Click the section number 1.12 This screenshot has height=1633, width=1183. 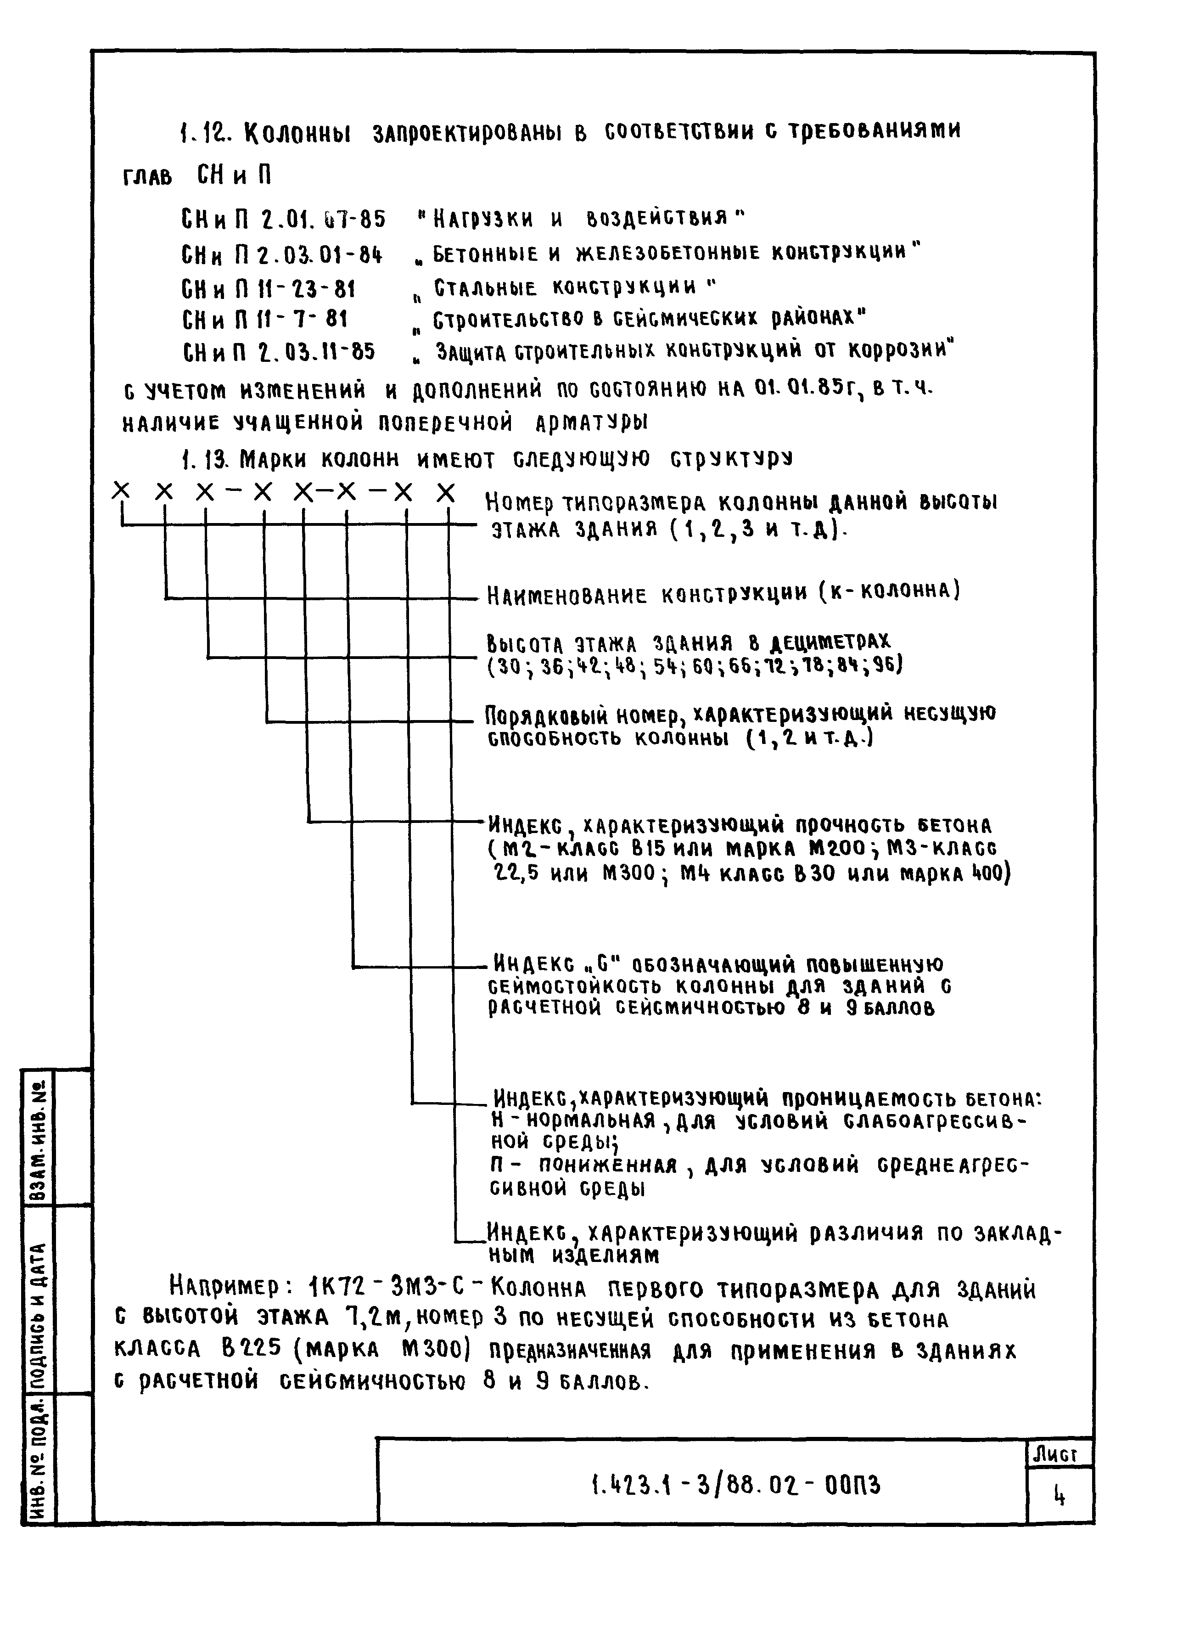(x=204, y=132)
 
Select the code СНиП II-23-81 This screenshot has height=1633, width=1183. (x=269, y=289)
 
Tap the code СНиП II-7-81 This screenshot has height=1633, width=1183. (x=265, y=319)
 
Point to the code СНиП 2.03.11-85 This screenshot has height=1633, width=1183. (x=279, y=352)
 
